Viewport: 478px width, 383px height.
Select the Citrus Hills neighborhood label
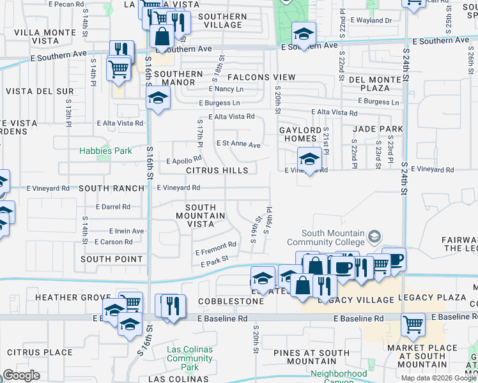click(x=217, y=171)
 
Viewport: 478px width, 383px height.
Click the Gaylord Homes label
click(x=300, y=135)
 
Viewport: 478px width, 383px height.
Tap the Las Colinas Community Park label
click(x=190, y=358)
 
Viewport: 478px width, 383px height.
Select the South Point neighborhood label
click(x=112, y=259)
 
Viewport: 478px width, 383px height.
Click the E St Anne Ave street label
click(x=238, y=144)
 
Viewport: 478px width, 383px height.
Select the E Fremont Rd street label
click(x=216, y=248)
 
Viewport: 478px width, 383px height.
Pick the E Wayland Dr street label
click(x=372, y=20)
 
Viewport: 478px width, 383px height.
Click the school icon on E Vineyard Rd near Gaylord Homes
click(x=309, y=160)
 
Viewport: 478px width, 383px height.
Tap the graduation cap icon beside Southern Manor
click(x=157, y=99)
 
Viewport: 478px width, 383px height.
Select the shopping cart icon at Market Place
click(x=413, y=324)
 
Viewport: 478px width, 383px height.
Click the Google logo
click(x=22, y=375)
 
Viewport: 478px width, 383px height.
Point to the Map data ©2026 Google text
click(x=438, y=377)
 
